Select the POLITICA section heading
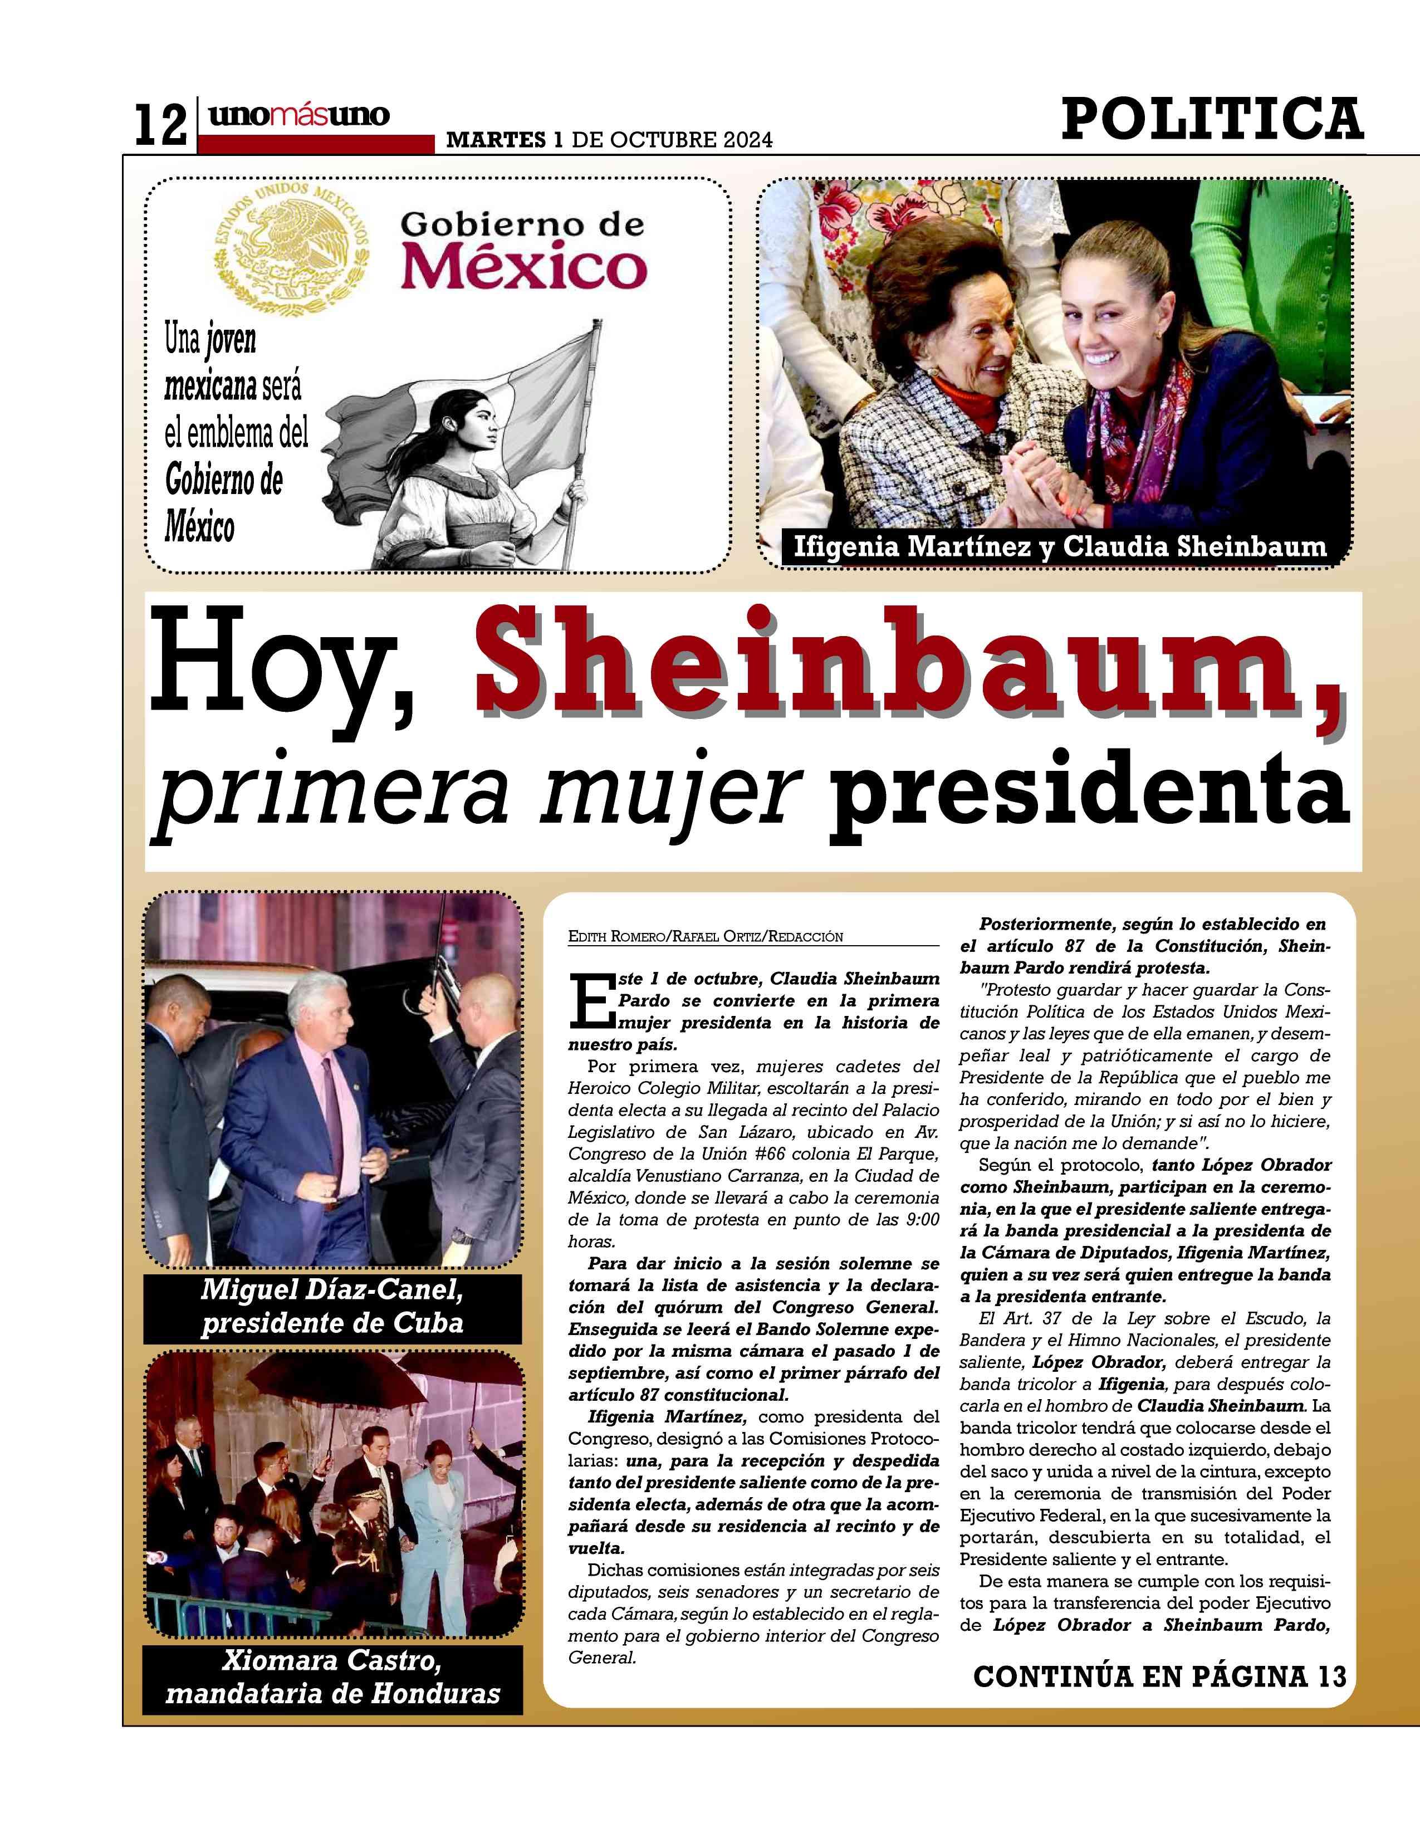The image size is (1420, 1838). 1211,119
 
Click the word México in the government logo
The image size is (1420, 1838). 523,267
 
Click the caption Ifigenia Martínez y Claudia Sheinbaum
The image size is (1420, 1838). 1060,547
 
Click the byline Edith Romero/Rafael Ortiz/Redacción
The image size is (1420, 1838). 705,936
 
